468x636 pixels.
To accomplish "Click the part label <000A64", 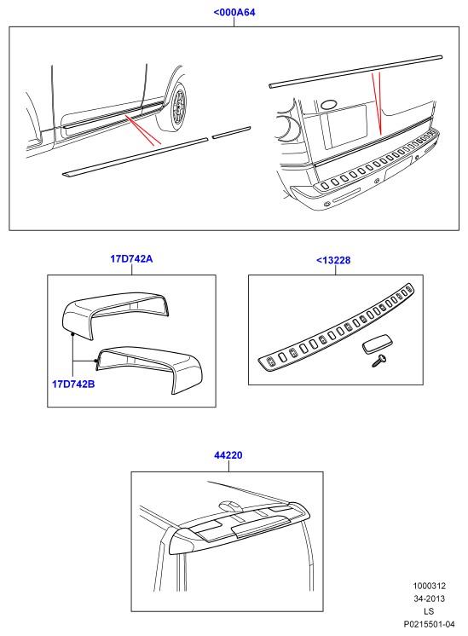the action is coord(234,12).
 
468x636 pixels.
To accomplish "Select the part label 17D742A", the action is coord(131,258).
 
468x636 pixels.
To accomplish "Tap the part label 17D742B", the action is coord(73,384).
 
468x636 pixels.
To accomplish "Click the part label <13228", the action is coord(333,260).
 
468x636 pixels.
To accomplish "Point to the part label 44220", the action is coord(228,455).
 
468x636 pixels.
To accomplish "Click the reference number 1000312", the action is coord(429,586).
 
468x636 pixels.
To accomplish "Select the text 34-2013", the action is coord(429,598).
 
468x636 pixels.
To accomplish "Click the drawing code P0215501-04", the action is coord(429,624).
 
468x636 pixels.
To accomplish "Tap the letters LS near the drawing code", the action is coord(429,611).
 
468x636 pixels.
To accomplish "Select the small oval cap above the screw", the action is coord(376,345).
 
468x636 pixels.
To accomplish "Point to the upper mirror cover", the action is coord(115,313).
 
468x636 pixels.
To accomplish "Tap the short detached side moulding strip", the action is coord(232,133).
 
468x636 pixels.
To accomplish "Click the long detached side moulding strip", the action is coord(135,157).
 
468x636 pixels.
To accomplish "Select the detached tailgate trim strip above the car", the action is coord(355,72).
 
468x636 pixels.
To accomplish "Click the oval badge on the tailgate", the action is coord(329,105).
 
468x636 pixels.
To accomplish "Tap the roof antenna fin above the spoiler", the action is coord(229,506).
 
